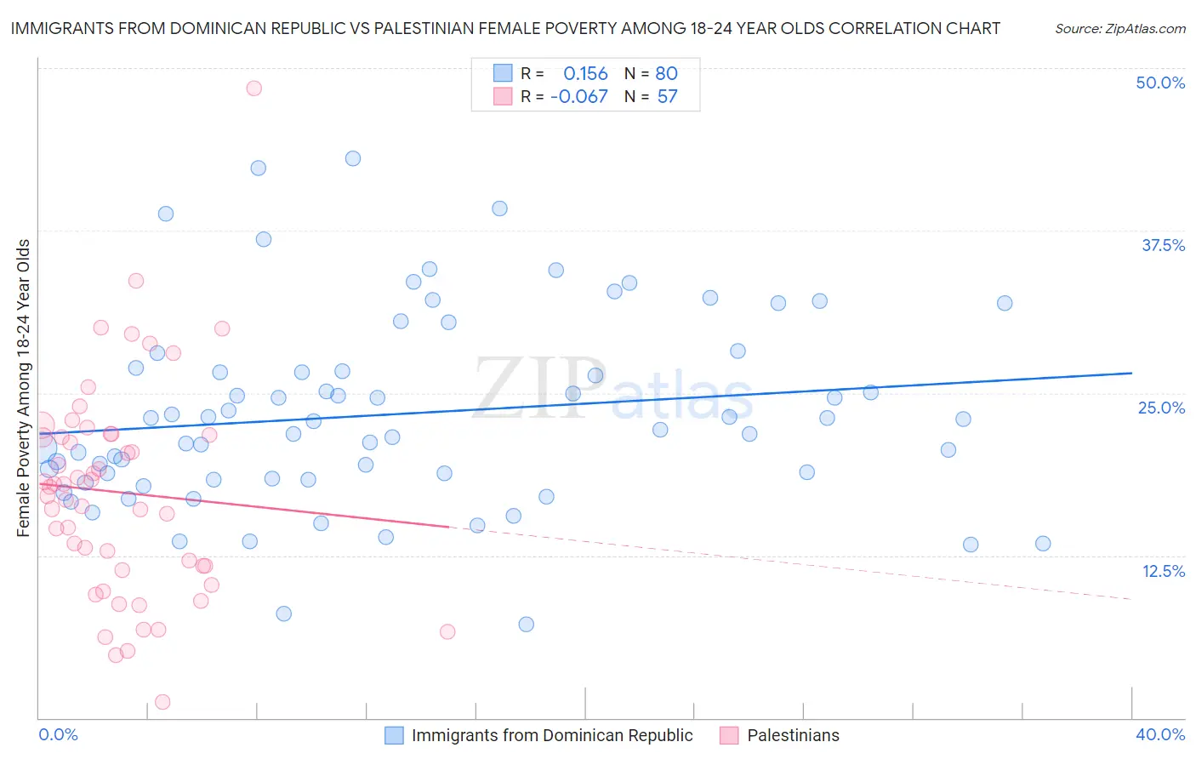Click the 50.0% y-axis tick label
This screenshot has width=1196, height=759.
[x=1160, y=83]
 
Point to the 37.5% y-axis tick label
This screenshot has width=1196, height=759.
[x=1163, y=245]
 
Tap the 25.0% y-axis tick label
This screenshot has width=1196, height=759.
[x=1161, y=408]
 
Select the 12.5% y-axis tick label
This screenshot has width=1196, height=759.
[x=1163, y=571]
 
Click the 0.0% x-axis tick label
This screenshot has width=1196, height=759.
[x=59, y=734]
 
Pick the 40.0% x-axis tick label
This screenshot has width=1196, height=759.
[x=1159, y=734]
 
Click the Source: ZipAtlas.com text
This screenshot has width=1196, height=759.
[x=1119, y=28]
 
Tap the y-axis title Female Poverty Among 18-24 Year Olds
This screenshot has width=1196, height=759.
[x=23, y=388]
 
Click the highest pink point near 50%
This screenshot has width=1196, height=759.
[x=253, y=88]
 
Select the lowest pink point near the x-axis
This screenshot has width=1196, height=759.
[x=162, y=702]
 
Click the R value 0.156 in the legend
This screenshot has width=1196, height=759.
[x=585, y=73]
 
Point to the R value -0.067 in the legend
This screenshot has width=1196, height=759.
[x=578, y=97]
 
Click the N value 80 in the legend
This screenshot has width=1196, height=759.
[x=666, y=73]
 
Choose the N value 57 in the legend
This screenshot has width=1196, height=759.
[x=667, y=97]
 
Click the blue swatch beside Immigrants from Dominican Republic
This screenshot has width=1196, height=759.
[x=394, y=735]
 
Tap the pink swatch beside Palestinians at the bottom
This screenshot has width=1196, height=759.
[x=729, y=735]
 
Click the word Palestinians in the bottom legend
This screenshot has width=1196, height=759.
[x=793, y=735]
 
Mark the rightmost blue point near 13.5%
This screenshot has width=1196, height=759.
[x=1043, y=544]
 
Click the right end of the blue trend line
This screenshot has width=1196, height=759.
[x=1131, y=373]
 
